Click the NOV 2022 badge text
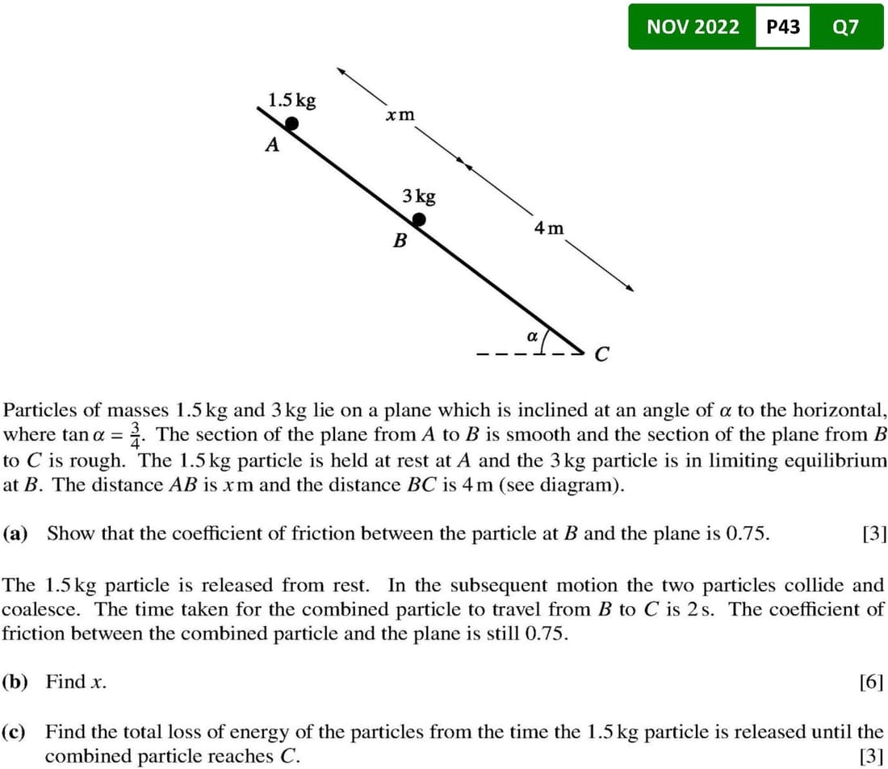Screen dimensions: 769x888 point(693,27)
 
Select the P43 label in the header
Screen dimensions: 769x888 point(782,27)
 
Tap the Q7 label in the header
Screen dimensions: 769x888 point(845,27)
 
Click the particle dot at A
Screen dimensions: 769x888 point(292,123)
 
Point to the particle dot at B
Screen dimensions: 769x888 point(419,219)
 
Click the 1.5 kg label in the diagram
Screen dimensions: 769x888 point(292,101)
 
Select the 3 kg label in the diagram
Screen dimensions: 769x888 point(419,196)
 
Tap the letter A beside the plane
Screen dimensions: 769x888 point(273,146)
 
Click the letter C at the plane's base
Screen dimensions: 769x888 point(601,354)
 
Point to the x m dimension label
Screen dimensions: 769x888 point(400,115)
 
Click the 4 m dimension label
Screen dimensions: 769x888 point(549,228)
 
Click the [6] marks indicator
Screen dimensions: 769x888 point(873,683)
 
